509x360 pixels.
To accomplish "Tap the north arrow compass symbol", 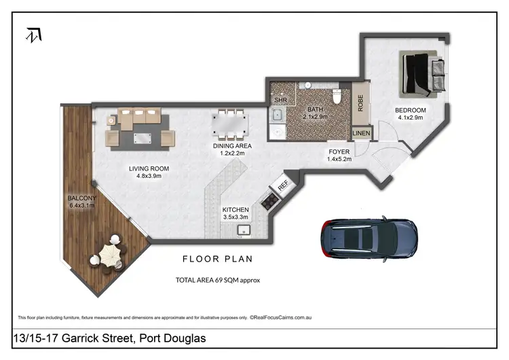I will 32,35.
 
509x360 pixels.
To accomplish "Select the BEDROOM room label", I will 411,111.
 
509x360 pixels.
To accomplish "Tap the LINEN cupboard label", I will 361,133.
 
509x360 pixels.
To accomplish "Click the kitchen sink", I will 244,230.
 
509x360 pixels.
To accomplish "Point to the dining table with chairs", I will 230,124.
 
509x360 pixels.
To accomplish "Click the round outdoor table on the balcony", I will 110,256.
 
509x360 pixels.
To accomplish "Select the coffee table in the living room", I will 142,139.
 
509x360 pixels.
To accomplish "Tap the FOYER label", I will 339,151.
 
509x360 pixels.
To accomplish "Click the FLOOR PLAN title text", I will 217,259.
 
